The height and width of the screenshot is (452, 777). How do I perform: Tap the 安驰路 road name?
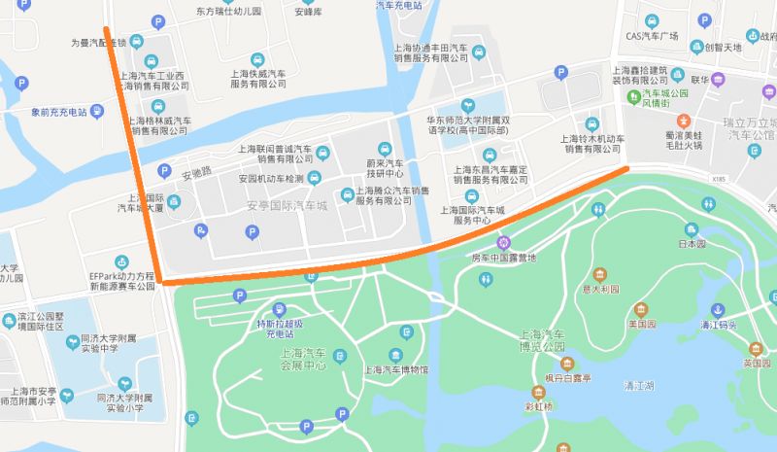(x=197, y=176)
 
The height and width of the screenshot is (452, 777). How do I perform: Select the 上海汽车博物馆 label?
(x=395, y=369)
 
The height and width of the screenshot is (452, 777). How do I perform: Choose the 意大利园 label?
(x=600, y=288)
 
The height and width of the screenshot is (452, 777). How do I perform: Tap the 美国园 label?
(x=640, y=325)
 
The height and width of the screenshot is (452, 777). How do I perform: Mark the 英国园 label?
(x=757, y=363)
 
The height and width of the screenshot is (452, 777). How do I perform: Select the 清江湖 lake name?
(x=639, y=386)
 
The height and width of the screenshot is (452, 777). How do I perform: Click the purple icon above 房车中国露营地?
(x=503, y=242)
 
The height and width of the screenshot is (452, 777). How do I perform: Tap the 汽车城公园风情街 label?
(x=664, y=98)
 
